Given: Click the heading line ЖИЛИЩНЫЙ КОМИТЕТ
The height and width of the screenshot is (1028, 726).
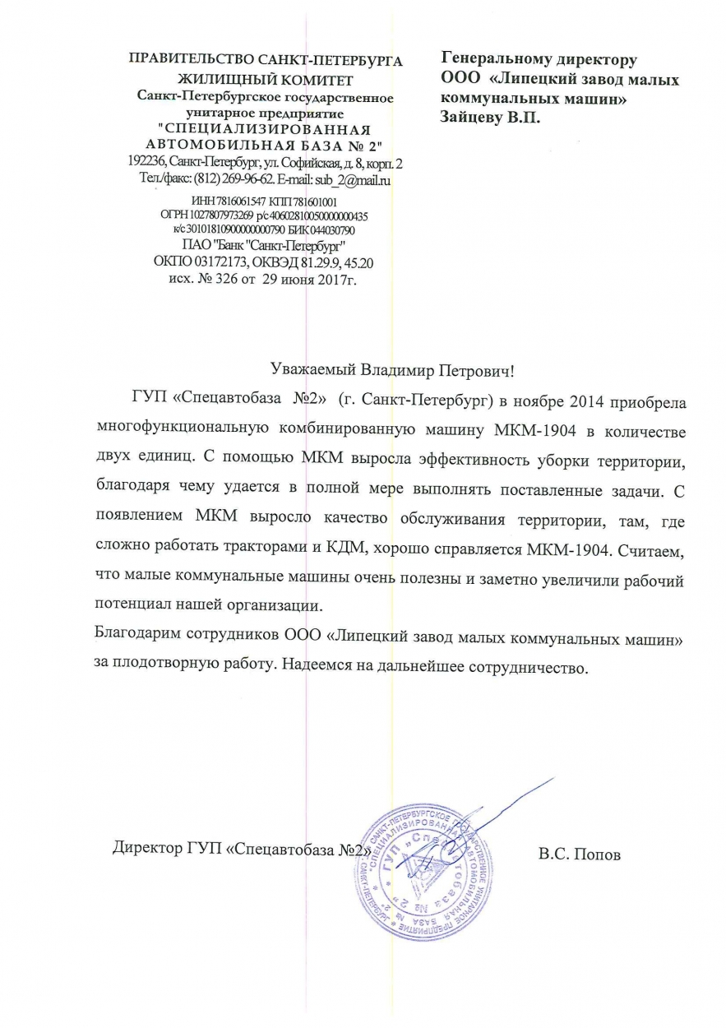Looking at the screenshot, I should point(266,80).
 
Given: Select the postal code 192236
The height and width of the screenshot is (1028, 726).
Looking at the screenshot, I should point(146,161).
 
